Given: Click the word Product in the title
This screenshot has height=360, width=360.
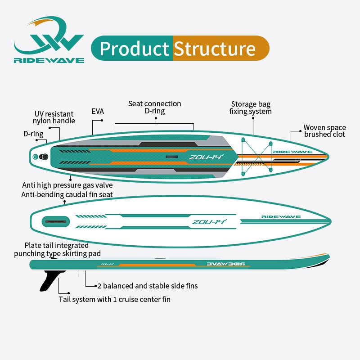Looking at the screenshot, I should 134,49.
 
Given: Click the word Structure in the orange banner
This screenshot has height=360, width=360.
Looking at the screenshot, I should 215,49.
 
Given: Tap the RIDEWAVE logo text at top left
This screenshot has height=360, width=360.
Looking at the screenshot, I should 49,60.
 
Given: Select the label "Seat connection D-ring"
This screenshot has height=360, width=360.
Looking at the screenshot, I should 154,107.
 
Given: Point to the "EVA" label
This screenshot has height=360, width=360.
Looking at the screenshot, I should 98,111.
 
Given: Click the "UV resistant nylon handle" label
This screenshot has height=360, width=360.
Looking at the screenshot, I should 54,117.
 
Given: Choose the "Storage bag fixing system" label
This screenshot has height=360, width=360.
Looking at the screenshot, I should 251,108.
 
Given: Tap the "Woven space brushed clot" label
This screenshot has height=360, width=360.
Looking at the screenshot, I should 324,131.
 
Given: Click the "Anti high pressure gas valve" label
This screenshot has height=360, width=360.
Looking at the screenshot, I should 67,185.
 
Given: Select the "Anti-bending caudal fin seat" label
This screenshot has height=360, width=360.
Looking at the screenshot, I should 67,194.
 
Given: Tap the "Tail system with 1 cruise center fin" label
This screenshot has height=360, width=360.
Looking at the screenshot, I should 115,299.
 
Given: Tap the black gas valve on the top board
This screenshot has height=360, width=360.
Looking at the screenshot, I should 44,157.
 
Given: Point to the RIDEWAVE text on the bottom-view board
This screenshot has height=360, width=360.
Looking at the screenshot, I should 281,217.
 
